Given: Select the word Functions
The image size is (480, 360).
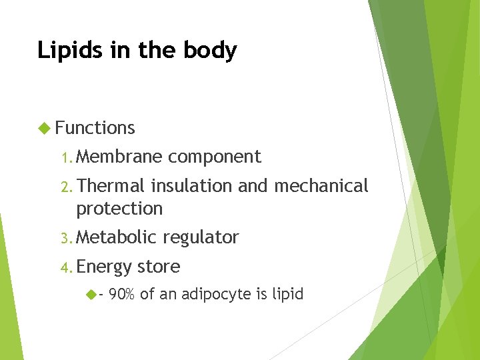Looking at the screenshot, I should (x=95, y=127).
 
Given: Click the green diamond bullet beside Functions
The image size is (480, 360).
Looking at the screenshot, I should (x=45, y=127).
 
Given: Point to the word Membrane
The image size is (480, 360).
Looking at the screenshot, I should (x=119, y=157).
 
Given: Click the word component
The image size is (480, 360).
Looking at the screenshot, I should (x=214, y=157).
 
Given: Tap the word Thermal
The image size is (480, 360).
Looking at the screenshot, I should (x=111, y=185).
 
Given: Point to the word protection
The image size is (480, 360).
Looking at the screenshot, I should (x=119, y=209).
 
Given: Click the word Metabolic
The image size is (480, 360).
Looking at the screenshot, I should (x=116, y=237).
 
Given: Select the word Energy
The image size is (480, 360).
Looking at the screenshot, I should (x=105, y=267).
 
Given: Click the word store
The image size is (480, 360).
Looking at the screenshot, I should (x=159, y=267).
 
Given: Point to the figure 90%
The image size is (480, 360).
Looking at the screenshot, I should (x=121, y=294).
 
